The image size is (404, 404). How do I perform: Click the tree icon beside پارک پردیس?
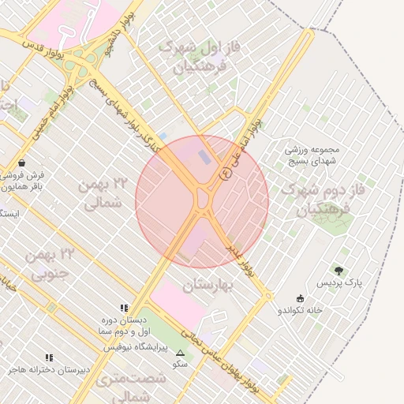pyautogui.click(x=340, y=270)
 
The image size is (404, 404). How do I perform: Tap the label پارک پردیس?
pyautogui.click(x=340, y=282)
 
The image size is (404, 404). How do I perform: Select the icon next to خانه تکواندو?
pyautogui.click(x=300, y=298)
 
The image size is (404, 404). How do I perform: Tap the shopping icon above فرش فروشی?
pyautogui.click(x=20, y=163)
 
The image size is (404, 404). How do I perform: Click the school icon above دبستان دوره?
pyautogui.click(x=124, y=307)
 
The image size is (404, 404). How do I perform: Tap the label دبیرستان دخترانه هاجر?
pyautogui.click(x=50, y=369)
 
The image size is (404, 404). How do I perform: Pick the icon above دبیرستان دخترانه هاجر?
pyautogui.click(x=50, y=357)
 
